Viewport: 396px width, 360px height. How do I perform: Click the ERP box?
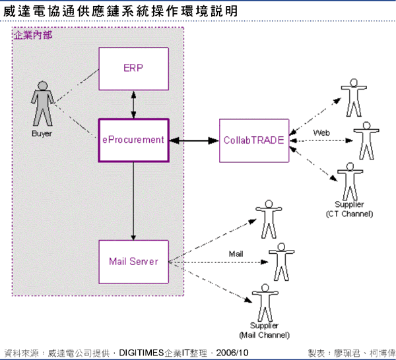tap(134, 69)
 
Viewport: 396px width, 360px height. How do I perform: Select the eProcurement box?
tap(133, 140)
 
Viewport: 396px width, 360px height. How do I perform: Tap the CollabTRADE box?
tap(254, 140)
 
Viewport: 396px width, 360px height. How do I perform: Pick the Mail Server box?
tap(133, 261)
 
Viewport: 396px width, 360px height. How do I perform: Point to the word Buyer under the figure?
tap(42, 133)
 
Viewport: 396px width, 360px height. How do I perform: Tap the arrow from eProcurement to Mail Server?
tap(134, 200)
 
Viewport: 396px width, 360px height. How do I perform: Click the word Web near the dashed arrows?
tap(321, 133)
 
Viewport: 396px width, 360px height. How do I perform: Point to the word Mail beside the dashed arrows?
tap(236, 253)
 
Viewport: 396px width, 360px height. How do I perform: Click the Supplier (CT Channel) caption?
tap(349, 209)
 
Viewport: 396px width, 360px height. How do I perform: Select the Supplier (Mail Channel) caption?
tap(269, 330)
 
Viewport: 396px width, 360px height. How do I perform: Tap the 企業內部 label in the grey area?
tap(33, 34)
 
